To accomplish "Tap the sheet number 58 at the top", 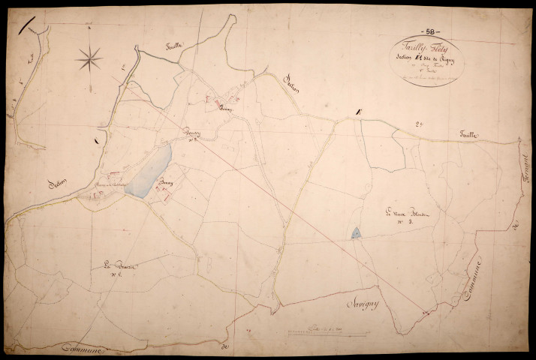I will pos(433,31).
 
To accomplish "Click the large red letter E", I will pos(359,113).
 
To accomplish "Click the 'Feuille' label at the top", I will pos(177,47).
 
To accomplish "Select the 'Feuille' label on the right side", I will pos(473,136).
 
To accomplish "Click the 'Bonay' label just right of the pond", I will pos(165,183).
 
